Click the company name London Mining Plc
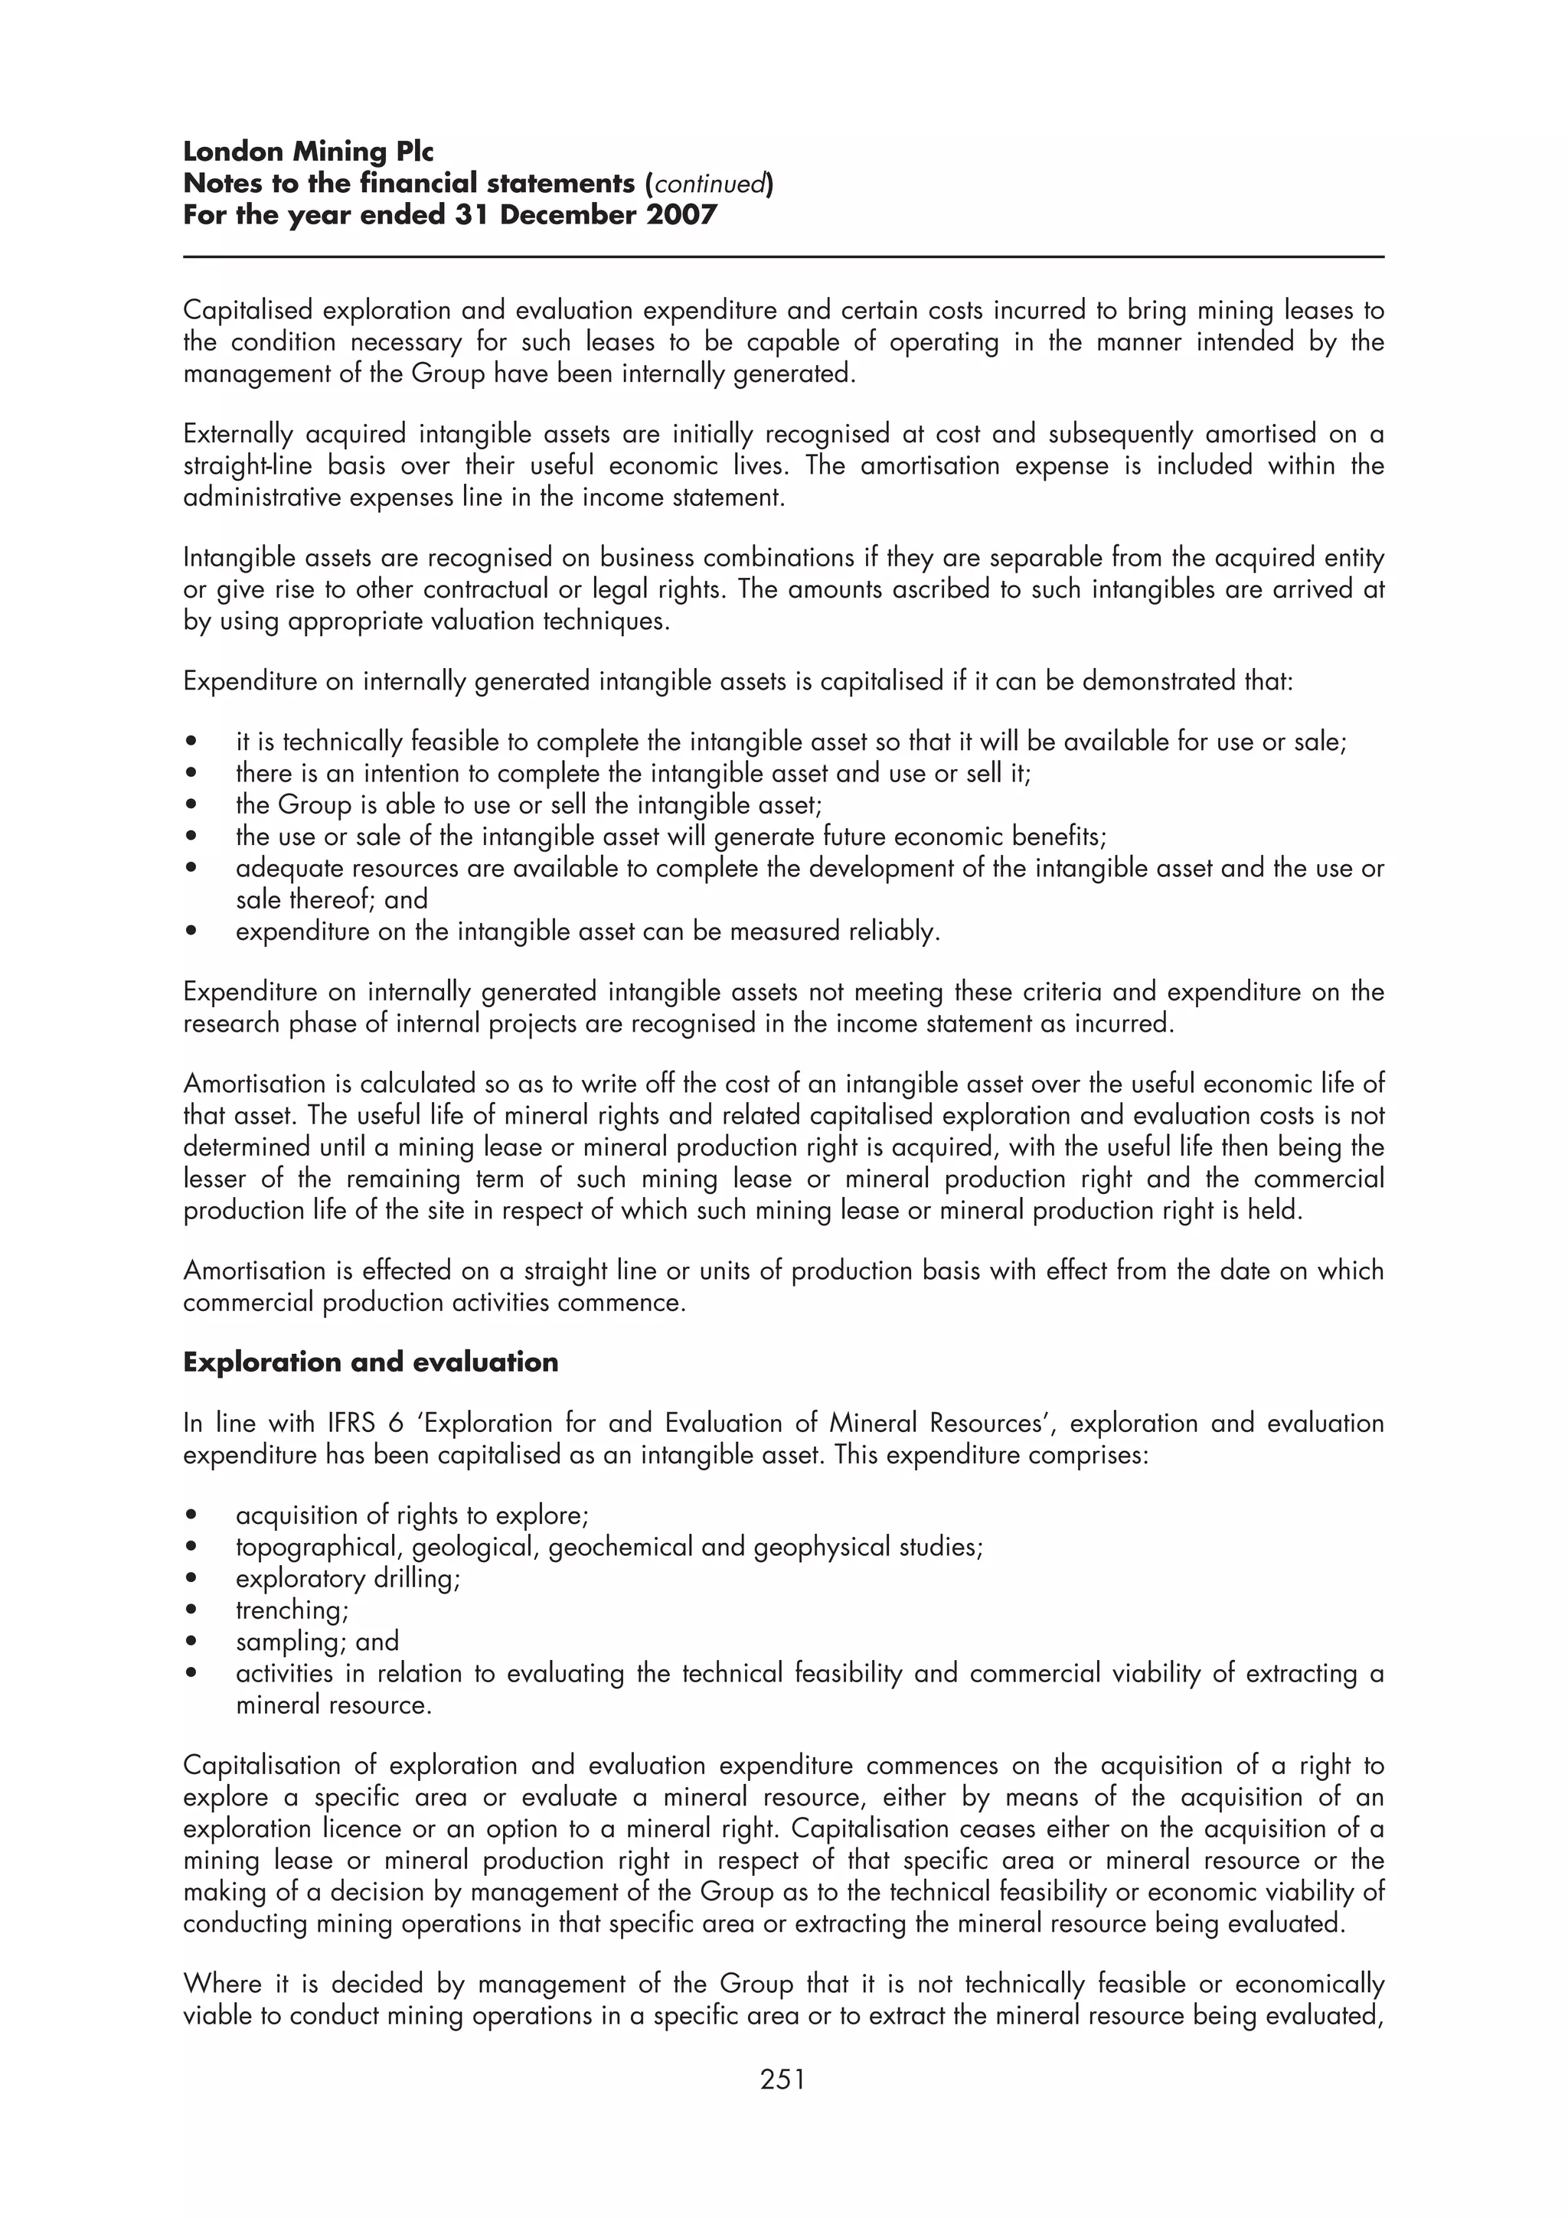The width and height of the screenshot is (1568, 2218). pos(309,152)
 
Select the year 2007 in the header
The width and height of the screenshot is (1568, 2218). pos(682,214)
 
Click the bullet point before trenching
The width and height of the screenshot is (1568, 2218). pos(193,1610)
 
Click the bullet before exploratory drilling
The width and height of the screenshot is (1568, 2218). pos(193,1578)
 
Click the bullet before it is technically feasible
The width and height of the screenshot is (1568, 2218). pos(193,742)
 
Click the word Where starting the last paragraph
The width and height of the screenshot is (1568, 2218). pos(222,1985)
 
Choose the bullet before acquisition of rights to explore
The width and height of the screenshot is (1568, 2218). pos(193,1515)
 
